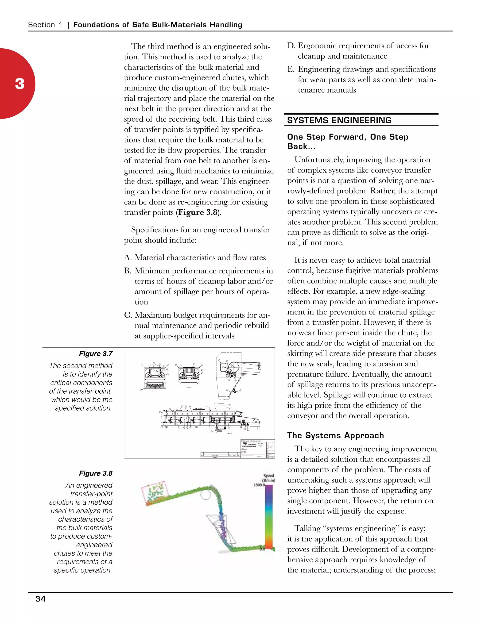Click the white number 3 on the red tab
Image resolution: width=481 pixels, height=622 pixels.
coord(20,84)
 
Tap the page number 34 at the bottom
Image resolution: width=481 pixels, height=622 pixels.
coord(40,599)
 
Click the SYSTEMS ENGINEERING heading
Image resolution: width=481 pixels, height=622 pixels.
coord(339,120)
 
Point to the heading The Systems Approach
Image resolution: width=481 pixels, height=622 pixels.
coord(335,435)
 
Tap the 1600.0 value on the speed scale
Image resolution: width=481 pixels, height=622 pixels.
coord(259,485)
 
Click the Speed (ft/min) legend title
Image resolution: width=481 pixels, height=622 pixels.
coord(269,478)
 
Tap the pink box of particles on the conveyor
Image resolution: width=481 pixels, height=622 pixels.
coord(155,491)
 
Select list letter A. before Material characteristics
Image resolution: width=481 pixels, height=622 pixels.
coord(128,257)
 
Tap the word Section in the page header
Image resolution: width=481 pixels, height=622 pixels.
coord(41,25)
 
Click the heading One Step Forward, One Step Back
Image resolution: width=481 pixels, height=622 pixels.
coord(348,141)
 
